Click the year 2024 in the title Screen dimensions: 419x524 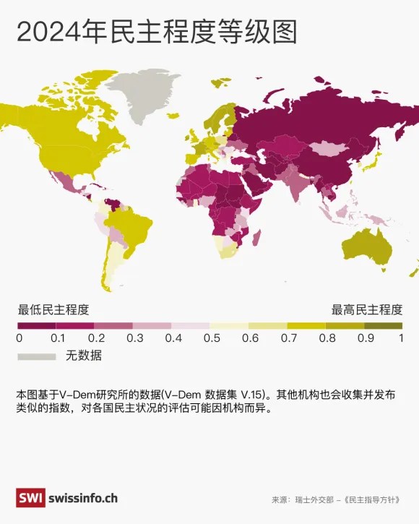(50, 33)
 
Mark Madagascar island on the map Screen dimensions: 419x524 (256, 236)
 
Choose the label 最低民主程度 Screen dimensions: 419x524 (53, 310)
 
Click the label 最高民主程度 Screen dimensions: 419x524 (366, 310)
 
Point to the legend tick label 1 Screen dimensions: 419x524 (401, 338)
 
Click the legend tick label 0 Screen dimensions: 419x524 (19, 338)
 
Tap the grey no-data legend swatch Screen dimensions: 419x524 (36, 356)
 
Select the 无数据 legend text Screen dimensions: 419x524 (83, 356)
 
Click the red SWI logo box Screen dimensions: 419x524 (30, 498)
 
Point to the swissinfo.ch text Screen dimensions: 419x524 (84, 498)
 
